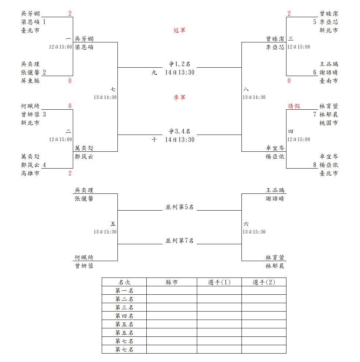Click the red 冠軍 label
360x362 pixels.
[179, 30]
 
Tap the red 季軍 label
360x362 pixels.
[179, 97]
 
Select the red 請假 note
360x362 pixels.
[294, 106]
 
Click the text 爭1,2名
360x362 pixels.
[179, 64]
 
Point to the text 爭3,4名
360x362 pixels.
[179, 131]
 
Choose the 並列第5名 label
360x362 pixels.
[179, 207]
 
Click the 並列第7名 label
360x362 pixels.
[179, 241]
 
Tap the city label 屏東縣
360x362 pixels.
[30, 81]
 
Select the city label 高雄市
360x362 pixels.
[30, 173]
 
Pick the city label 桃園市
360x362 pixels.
[329, 123]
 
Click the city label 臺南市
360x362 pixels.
[329, 81]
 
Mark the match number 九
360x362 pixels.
[154, 72]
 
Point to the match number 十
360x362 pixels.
[154, 140]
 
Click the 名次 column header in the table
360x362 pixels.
[124, 282]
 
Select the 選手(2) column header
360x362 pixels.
[263, 282]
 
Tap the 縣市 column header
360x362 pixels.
[172, 282]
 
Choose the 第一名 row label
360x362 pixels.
[124, 291]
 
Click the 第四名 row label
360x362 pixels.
[124, 316]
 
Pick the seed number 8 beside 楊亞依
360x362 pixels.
[314, 165]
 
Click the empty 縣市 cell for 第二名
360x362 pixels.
[172, 299]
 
